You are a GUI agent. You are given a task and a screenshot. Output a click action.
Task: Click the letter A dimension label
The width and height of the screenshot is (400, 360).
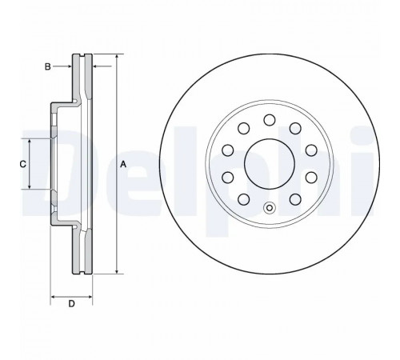[x=122, y=165]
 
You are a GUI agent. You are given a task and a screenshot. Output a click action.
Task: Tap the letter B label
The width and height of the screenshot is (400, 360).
[x=47, y=66]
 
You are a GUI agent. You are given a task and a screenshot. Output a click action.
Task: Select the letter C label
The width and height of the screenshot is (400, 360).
[x=23, y=164]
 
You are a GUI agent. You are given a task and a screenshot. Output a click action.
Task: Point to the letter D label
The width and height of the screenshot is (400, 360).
[x=71, y=304]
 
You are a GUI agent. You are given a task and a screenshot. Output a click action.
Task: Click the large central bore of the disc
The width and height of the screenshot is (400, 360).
[x=270, y=164]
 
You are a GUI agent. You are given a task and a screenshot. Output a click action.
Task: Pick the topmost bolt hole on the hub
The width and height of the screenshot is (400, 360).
[x=270, y=120]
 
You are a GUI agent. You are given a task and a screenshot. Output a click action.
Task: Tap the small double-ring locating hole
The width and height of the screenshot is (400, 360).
[x=270, y=208]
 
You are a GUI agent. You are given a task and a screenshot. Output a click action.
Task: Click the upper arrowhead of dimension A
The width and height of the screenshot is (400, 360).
[x=117, y=58]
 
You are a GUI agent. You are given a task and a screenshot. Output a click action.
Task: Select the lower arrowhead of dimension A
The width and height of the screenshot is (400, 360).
[x=117, y=270]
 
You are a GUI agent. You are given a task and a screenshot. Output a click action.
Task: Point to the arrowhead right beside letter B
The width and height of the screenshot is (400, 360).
[x=69, y=66]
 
